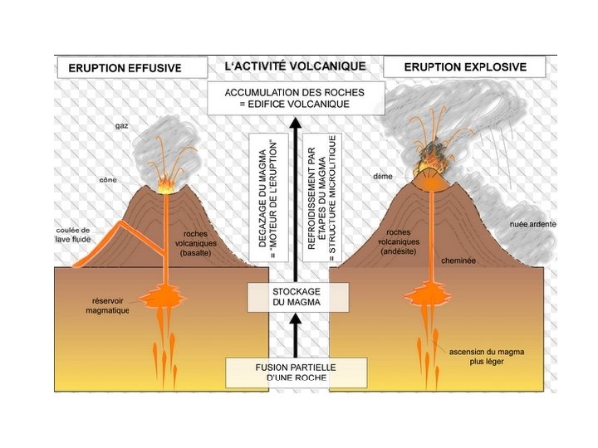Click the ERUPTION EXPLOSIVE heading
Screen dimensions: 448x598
coord(465,67)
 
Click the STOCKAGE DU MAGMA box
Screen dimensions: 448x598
coord(297,298)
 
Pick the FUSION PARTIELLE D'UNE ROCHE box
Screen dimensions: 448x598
coord(297,372)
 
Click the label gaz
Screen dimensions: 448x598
coord(122,126)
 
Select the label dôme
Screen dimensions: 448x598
coord(383,177)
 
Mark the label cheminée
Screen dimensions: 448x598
coord(458,260)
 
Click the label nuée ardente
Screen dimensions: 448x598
coord(532,225)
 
